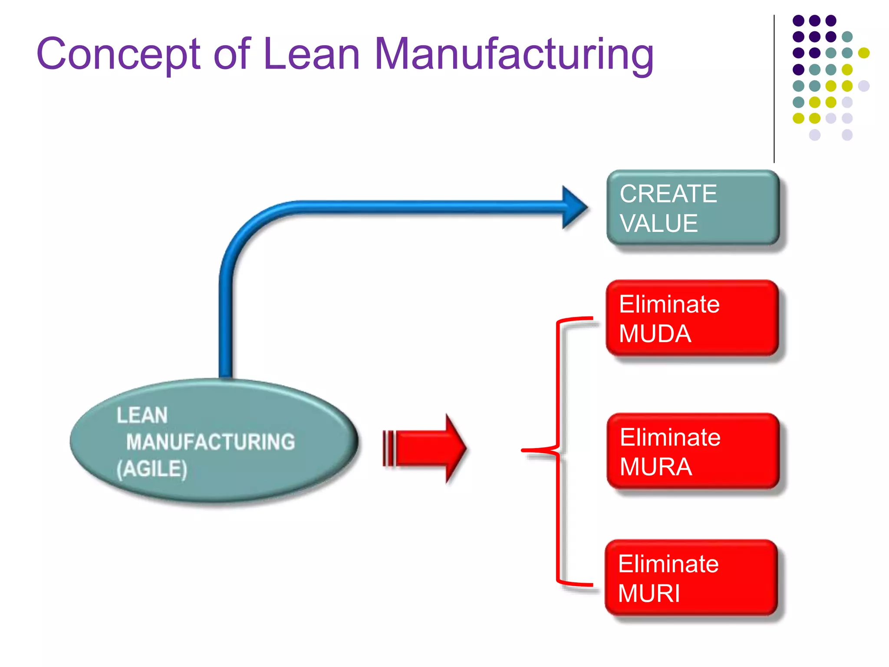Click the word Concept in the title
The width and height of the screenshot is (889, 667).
pos(118,54)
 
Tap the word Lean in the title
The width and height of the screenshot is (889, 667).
pos(311,53)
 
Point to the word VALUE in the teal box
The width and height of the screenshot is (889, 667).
pos(659,224)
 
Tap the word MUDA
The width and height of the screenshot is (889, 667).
pos(655,334)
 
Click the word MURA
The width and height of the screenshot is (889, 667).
pos(655,467)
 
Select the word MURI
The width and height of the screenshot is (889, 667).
pos(649,593)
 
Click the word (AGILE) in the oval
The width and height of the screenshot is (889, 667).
pos(151,469)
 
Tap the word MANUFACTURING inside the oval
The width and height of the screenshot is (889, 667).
pos(211,442)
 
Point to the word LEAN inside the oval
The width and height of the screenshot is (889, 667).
pos(142,415)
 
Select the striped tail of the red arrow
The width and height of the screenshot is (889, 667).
pos(389,448)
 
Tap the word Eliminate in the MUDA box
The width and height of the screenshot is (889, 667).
pos(669,304)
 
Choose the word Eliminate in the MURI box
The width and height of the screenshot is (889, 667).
pos(668,564)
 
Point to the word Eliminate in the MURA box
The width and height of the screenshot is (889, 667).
pos(670,437)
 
